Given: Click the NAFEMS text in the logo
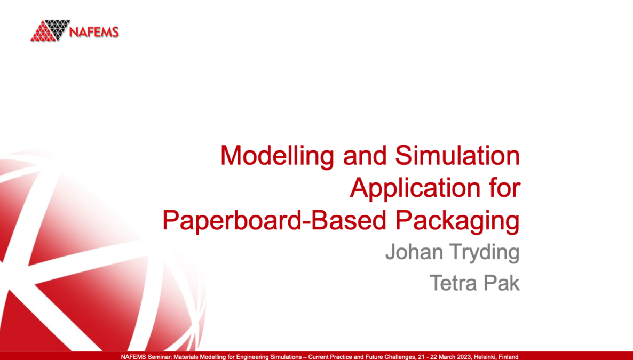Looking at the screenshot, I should [x=94, y=33].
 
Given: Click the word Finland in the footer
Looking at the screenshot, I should [x=509, y=357].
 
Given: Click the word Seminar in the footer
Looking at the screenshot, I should [x=155, y=357].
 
